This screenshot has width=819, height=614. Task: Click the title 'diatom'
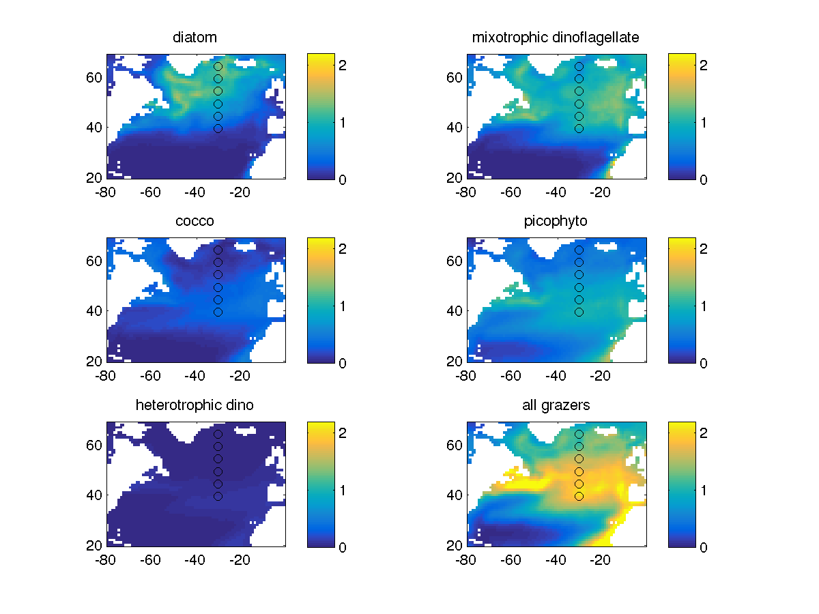click(x=195, y=38)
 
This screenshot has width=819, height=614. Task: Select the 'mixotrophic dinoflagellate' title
click(x=556, y=38)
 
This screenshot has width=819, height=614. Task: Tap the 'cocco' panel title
click(x=195, y=221)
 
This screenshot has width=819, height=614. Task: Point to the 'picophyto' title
click(x=556, y=221)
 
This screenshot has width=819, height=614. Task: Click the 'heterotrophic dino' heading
click(x=195, y=405)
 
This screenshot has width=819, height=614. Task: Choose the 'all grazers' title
click(x=556, y=405)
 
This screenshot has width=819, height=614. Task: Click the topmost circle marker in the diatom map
click(x=218, y=67)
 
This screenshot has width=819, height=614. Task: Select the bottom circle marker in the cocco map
click(x=218, y=312)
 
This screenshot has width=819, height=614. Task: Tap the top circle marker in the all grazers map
click(x=579, y=434)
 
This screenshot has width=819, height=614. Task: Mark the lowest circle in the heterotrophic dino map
click(x=218, y=496)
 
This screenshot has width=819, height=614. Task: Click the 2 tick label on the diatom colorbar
click(x=343, y=65)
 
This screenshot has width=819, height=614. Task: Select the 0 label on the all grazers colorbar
click(x=704, y=546)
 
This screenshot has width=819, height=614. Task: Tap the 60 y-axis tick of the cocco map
click(x=95, y=261)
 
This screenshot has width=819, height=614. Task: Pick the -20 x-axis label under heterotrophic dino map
click(x=239, y=560)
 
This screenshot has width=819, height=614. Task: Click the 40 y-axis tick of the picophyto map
click(x=455, y=311)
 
